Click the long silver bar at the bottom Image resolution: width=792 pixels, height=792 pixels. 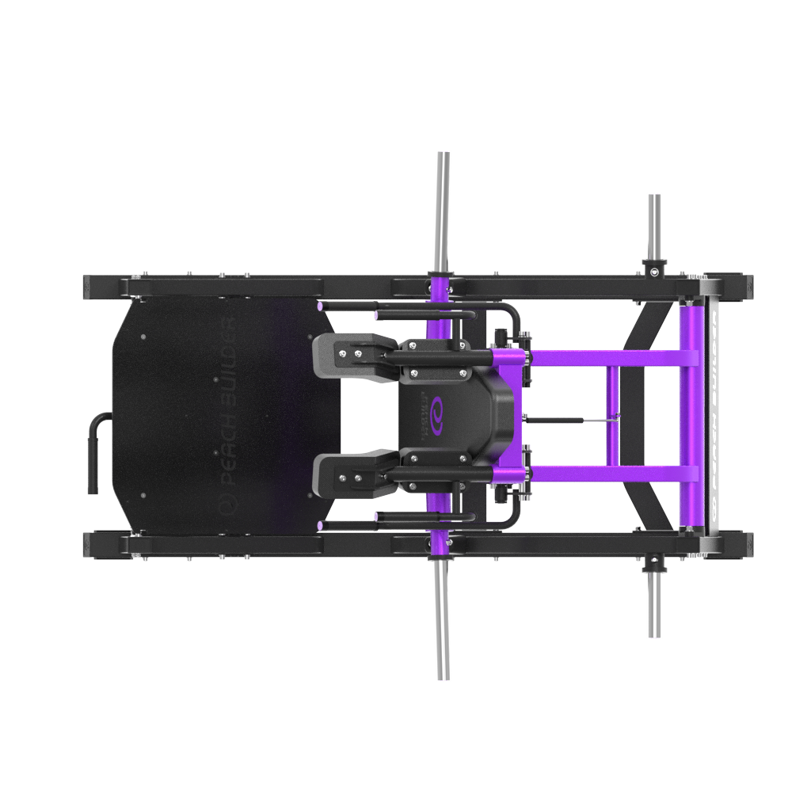point(441,618)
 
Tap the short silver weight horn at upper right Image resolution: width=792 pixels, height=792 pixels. point(653,226)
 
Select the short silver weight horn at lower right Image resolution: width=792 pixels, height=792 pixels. point(653,602)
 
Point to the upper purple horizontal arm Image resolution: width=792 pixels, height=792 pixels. point(602,358)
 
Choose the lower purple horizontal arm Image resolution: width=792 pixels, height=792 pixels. point(602,474)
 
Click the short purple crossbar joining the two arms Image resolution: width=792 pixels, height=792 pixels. point(612,415)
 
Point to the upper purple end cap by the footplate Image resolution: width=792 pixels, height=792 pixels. point(320,304)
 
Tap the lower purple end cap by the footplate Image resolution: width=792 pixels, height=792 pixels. point(320,525)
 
